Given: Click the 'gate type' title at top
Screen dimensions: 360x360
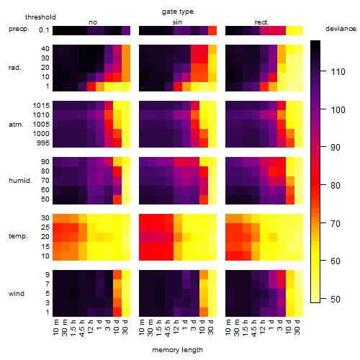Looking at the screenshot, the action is pyautogui.click(x=178, y=12).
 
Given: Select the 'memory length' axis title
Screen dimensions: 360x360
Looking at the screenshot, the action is pyautogui.click(x=177, y=350).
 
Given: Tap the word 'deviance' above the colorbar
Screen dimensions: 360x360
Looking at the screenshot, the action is pyautogui.click(x=341, y=29).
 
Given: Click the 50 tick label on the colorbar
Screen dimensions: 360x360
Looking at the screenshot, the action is pyautogui.click(x=336, y=299).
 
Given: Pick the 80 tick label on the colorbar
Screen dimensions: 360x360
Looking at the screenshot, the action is pyautogui.click(x=336, y=185).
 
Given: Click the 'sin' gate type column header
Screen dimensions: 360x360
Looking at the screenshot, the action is pyautogui.click(x=177, y=22).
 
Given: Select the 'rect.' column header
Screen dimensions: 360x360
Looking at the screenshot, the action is pyautogui.click(x=261, y=22).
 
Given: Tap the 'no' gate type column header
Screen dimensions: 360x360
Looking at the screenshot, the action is pyautogui.click(x=93, y=22).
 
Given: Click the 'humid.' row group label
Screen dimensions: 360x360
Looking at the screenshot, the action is pyautogui.click(x=20, y=181).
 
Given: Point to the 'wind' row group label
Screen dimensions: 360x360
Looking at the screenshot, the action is pyautogui.click(x=17, y=294).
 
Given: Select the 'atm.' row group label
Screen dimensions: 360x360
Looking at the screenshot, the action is pyautogui.click(x=16, y=125).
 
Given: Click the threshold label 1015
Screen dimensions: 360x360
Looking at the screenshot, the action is pyautogui.click(x=41, y=105).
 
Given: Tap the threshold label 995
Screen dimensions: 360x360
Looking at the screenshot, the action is pyautogui.click(x=43, y=143).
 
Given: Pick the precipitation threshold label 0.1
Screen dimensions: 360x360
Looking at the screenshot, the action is pyautogui.click(x=44, y=30).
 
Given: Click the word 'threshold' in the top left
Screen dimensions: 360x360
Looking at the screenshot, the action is pyautogui.click(x=40, y=17).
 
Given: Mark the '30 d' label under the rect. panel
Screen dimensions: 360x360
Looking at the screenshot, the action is pyautogui.click(x=297, y=327).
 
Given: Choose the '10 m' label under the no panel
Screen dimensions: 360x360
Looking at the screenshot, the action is pyautogui.click(x=55, y=328).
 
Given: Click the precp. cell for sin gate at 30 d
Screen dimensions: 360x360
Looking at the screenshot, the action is pyautogui.click(x=212, y=30).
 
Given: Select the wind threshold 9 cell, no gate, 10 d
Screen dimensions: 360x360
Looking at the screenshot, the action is pyautogui.click(x=117, y=275).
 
